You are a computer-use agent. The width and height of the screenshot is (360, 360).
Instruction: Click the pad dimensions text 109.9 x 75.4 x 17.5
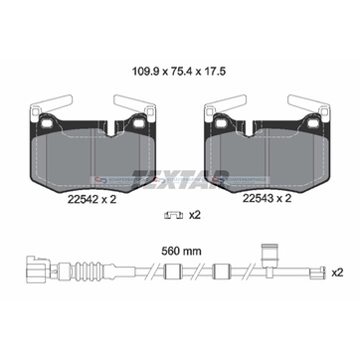[x=179, y=71]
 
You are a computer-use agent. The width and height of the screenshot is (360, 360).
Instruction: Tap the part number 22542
[x=83, y=199]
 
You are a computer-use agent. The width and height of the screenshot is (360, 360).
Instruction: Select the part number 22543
[x=258, y=199]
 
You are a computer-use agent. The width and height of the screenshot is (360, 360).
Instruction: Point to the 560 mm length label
[x=181, y=252]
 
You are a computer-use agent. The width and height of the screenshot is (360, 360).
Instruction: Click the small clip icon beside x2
[x=174, y=216]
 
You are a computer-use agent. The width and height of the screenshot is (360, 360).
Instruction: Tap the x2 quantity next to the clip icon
[x=195, y=216]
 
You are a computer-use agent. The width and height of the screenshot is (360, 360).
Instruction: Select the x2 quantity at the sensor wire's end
[x=337, y=273]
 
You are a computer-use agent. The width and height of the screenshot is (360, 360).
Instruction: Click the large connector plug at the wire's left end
[x=38, y=268]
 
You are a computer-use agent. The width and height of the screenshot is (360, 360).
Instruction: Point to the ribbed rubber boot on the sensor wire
[x=89, y=268]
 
